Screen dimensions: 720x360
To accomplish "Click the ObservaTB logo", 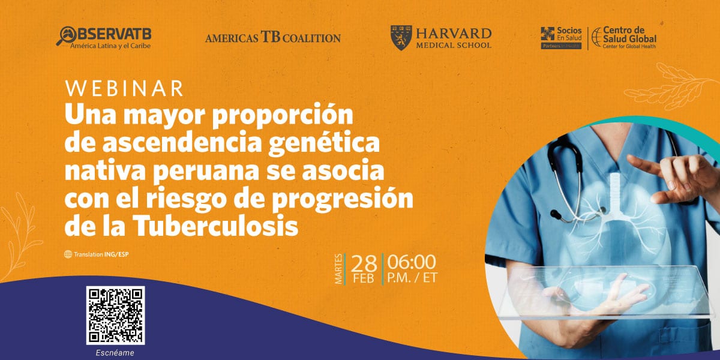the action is pos(103,38).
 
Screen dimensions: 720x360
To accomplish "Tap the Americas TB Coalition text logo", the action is pos(273,38).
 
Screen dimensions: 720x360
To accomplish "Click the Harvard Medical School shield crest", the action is pos(401,38).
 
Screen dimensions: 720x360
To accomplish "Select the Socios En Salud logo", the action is pos(561,38).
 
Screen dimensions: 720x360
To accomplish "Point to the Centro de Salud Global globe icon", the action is pos(597,37).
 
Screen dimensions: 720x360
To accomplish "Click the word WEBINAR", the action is pos(124,88).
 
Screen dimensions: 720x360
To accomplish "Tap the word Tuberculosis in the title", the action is pos(216,225).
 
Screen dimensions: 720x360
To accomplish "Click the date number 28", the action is pos(364,265).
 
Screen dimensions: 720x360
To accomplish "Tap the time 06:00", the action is pos(412,262).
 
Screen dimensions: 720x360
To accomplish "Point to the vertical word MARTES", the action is pos(338,269).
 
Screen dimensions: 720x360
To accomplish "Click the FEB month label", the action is pos(364,278).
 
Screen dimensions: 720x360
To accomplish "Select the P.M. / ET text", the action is pos(412,278).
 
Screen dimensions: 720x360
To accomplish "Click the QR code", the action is pos(115,316).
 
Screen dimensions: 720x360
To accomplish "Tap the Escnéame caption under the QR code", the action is pos(115,353).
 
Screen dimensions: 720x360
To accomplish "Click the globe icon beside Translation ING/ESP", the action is pos(68,254).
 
